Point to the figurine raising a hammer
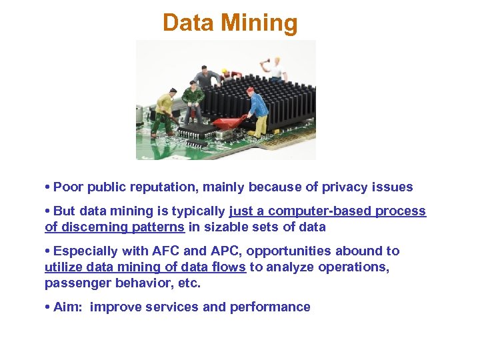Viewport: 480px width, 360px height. pos(275,69)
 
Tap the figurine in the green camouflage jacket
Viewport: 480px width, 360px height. pos(193,100)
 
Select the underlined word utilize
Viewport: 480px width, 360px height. pos(63,267)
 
